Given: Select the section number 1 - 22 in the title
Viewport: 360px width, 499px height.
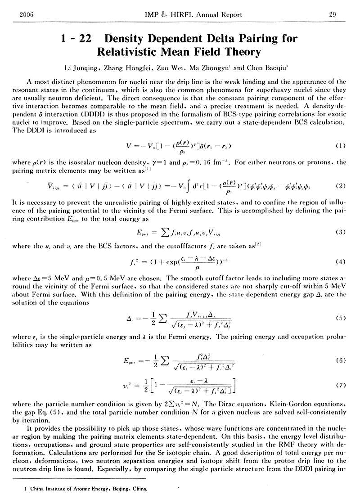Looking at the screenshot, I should point(75,39).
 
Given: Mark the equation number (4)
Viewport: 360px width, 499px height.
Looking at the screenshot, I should point(341,261).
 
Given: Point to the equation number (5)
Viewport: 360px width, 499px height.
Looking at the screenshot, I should point(341,318).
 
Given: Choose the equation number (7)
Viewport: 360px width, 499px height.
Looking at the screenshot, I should point(341,385).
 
